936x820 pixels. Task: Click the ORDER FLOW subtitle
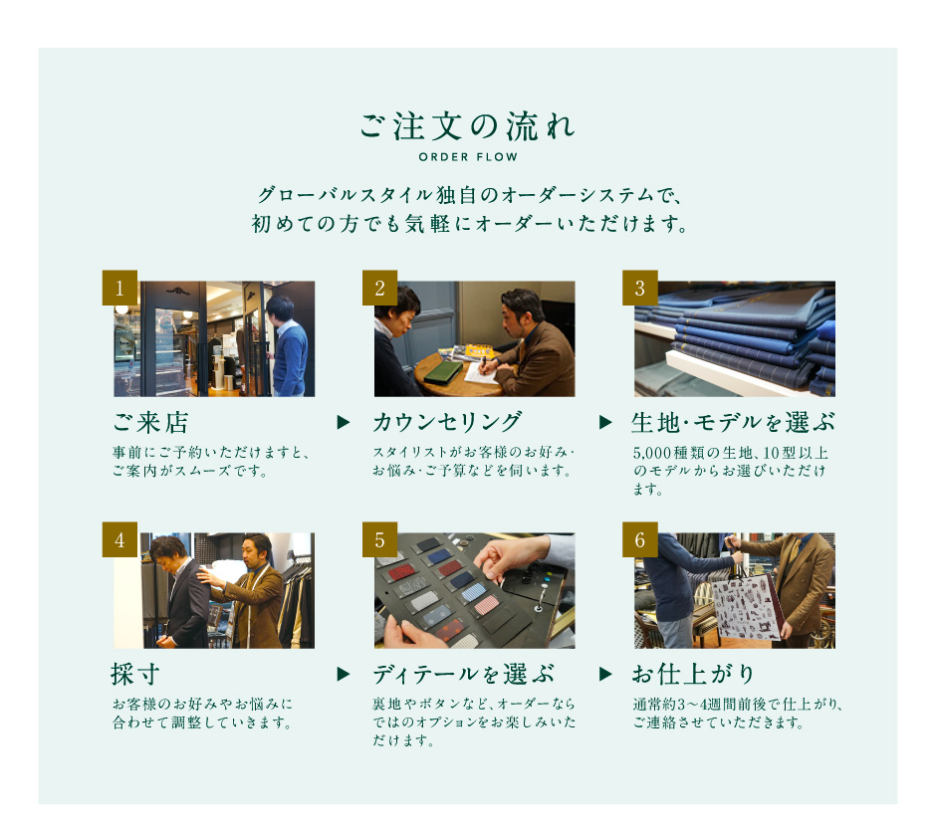click(x=468, y=157)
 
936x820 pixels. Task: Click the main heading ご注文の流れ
click(x=467, y=126)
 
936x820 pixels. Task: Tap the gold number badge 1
click(x=119, y=288)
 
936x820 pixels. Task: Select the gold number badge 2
click(x=380, y=288)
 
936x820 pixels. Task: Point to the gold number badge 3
click(x=640, y=288)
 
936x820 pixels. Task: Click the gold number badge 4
click(x=119, y=539)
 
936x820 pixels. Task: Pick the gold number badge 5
click(x=380, y=539)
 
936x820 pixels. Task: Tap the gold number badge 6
click(x=640, y=539)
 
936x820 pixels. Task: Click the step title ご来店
click(x=151, y=422)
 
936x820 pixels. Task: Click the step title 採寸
click(x=135, y=675)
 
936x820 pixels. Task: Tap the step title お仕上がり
click(x=694, y=675)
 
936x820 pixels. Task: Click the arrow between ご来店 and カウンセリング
click(x=344, y=422)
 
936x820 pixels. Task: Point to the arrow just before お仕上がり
click(x=605, y=674)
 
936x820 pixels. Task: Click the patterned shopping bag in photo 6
click(x=746, y=607)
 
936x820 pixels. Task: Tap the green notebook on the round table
click(x=443, y=372)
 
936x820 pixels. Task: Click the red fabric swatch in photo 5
click(x=402, y=571)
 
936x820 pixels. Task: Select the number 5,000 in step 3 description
click(x=652, y=453)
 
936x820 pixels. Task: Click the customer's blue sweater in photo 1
click(x=292, y=359)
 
